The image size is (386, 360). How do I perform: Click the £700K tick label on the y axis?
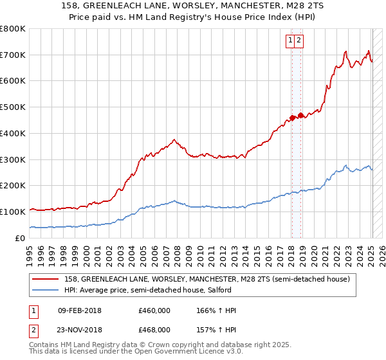[13, 55]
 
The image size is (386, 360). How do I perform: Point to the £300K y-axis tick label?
[13, 159]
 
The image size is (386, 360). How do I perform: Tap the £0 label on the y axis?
[21, 238]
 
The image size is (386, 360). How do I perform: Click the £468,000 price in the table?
[154, 329]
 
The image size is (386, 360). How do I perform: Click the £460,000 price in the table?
[154, 310]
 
